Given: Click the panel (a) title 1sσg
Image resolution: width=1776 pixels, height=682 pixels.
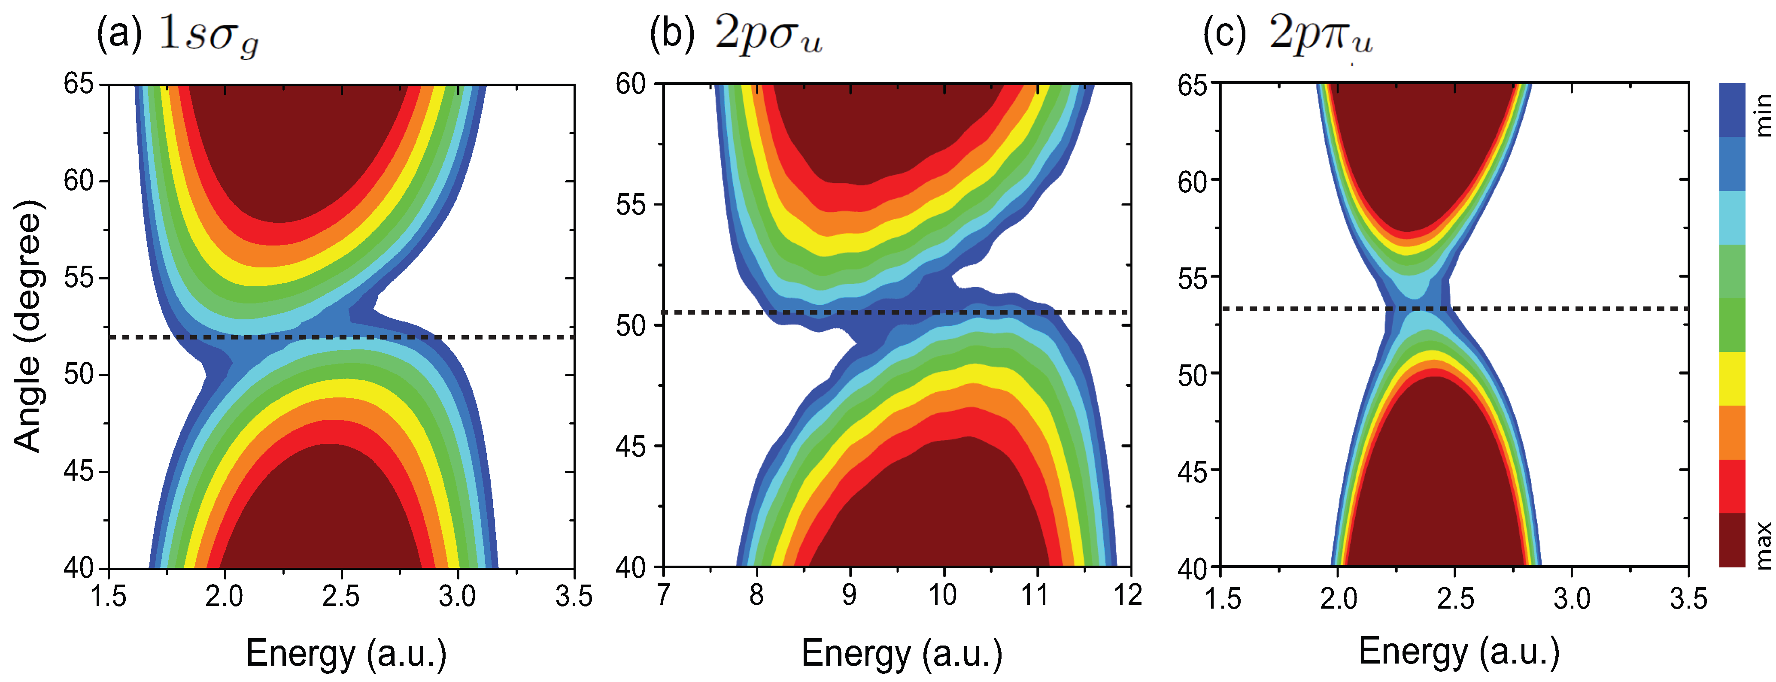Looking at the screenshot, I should pos(208,34).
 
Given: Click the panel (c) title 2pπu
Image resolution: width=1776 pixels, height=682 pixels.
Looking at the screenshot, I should pos(1320,34).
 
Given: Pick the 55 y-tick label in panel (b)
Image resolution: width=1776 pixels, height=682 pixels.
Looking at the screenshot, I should pos(631,205).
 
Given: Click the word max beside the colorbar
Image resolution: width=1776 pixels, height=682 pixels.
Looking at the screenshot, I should pos(1763,545).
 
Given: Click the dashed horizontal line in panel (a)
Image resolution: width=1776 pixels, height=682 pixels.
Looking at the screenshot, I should pos(483,337).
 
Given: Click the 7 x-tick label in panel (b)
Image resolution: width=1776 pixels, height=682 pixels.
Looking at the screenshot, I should pos(663,594).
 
